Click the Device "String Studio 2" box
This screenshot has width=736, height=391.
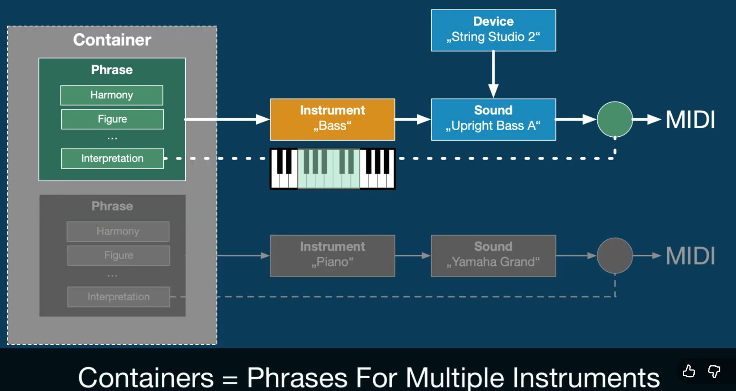click(493, 30)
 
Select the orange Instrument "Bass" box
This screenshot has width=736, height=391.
click(332, 119)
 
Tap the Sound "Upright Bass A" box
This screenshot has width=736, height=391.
click(493, 119)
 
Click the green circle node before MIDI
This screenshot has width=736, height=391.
click(615, 119)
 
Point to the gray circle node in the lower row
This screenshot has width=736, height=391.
click(615, 256)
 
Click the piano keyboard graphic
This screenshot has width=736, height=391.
click(332, 169)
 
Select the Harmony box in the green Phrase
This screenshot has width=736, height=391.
click(112, 95)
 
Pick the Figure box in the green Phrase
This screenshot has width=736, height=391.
click(113, 119)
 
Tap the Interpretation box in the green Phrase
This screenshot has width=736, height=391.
click(113, 159)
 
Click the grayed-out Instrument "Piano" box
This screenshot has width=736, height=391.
click(332, 256)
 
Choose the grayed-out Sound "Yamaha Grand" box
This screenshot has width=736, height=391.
click(493, 256)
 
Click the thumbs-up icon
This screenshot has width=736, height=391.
click(689, 371)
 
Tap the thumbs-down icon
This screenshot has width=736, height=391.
click(714, 371)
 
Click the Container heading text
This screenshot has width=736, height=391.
click(112, 40)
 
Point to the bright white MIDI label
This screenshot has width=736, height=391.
click(690, 120)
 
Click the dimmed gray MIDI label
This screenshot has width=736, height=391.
click(690, 256)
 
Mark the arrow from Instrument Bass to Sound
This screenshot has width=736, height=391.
click(413, 119)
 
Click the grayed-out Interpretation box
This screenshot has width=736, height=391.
click(119, 297)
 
